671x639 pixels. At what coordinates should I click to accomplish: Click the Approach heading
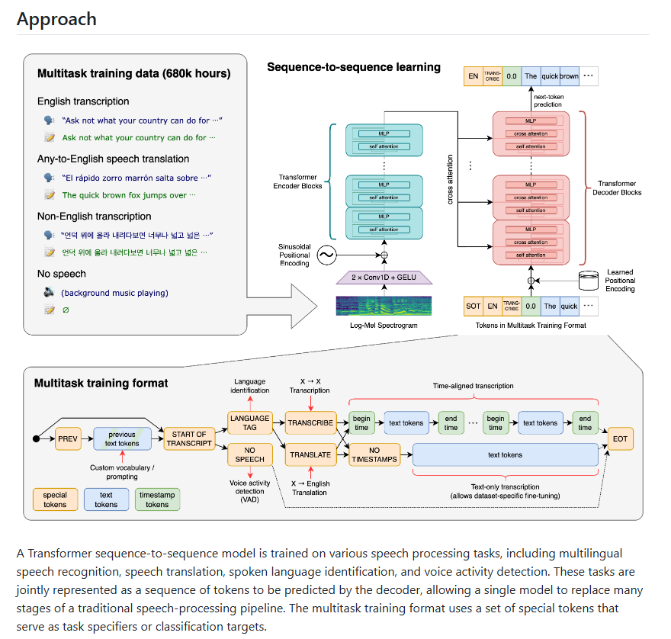pyautogui.click(x=56, y=18)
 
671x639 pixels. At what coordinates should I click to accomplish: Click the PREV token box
pyautogui.click(x=69, y=439)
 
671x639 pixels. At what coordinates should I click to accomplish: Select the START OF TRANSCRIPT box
pyautogui.click(x=188, y=438)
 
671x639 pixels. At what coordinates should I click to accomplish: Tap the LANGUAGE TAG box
pyautogui.click(x=250, y=422)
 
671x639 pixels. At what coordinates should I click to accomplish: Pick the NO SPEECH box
pyautogui.click(x=250, y=454)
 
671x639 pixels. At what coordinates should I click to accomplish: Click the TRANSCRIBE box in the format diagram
pyautogui.click(x=310, y=422)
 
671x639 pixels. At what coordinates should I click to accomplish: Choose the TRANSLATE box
pyautogui.click(x=310, y=454)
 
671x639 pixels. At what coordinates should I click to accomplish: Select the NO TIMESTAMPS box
pyautogui.click(x=374, y=454)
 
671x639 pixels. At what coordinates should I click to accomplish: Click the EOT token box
pyautogui.click(x=620, y=439)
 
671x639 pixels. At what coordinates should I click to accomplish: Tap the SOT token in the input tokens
pyautogui.click(x=473, y=307)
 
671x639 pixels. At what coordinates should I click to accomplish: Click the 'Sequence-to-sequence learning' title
pyautogui.click(x=353, y=67)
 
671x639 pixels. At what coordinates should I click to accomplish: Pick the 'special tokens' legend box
pyautogui.click(x=55, y=499)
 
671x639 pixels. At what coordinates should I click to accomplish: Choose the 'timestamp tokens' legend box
pyautogui.click(x=157, y=499)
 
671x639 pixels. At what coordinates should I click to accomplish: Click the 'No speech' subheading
pyautogui.click(x=62, y=274)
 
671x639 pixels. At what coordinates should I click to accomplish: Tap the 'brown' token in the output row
pyautogui.click(x=570, y=76)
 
